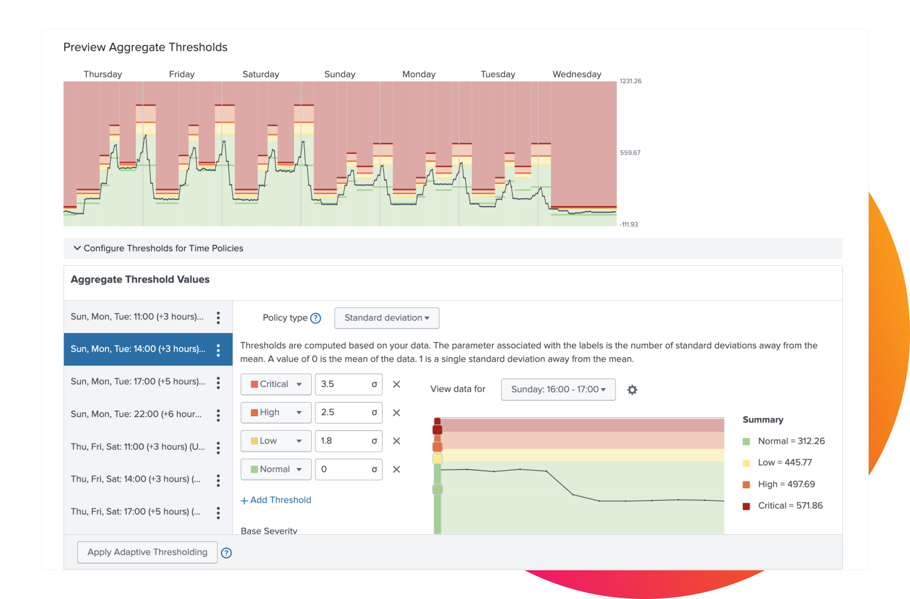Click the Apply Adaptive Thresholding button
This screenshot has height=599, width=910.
(147, 552)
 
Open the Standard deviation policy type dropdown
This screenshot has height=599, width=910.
(387, 318)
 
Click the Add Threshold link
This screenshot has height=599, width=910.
(276, 500)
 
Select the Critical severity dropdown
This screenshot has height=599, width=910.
(276, 385)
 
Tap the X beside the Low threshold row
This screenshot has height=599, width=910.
(396, 441)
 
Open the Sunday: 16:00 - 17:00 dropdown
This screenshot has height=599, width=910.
(558, 389)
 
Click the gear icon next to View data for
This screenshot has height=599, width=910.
(632, 390)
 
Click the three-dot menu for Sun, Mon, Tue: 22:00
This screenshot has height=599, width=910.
(219, 415)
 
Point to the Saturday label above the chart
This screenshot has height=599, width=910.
(261, 74)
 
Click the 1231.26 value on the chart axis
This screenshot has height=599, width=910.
(630, 81)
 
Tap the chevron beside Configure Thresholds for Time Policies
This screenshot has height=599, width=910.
(77, 248)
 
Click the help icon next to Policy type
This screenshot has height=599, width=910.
(316, 318)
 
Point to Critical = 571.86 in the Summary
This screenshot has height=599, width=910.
(790, 506)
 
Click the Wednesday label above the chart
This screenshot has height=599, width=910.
(577, 74)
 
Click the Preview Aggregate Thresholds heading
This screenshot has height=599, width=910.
(145, 47)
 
